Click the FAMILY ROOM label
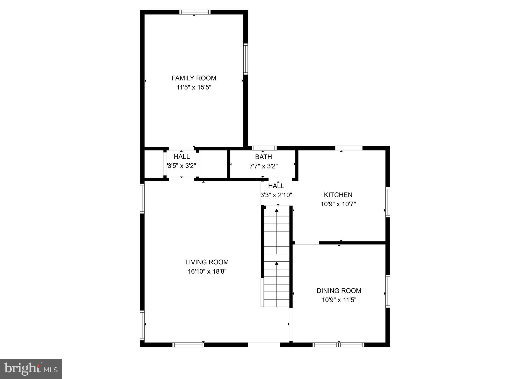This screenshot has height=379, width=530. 194,78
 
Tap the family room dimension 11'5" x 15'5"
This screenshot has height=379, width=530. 194,88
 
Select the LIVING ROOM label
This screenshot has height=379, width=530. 207,262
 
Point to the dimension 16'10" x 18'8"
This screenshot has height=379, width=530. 207,272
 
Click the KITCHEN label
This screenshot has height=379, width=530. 338,195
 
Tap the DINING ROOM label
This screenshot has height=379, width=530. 339,290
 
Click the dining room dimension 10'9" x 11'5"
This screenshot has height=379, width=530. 339,300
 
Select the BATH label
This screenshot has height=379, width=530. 263,157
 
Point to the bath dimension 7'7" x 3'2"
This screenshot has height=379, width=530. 263,166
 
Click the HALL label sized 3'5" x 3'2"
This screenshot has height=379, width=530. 181,156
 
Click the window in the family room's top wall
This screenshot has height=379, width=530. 195,12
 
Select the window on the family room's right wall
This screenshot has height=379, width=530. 245,59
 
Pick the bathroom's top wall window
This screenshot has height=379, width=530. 264,148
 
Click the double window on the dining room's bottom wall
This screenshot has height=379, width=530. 338,345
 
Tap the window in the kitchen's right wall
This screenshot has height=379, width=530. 387,202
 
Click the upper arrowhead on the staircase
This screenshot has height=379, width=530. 277,210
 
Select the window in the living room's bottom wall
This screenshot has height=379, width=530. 188,345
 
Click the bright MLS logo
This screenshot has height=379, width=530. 31,369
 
